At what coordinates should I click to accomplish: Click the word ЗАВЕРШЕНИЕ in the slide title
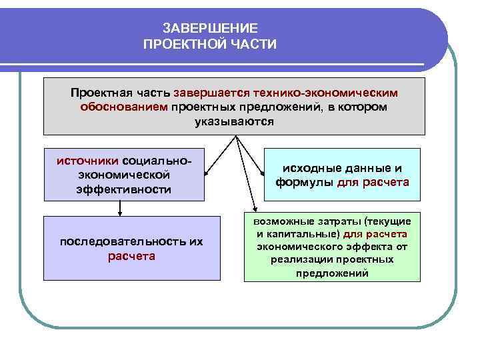click(209, 27)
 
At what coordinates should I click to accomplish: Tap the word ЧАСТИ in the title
click(251, 44)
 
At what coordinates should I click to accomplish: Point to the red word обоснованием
click(124, 107)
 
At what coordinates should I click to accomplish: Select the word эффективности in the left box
click(123, 189)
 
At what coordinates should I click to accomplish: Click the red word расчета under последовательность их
click(131, 256)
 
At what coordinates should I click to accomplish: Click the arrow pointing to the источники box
click(221, 157)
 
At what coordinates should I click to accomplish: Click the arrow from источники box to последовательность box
click(119, 209)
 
